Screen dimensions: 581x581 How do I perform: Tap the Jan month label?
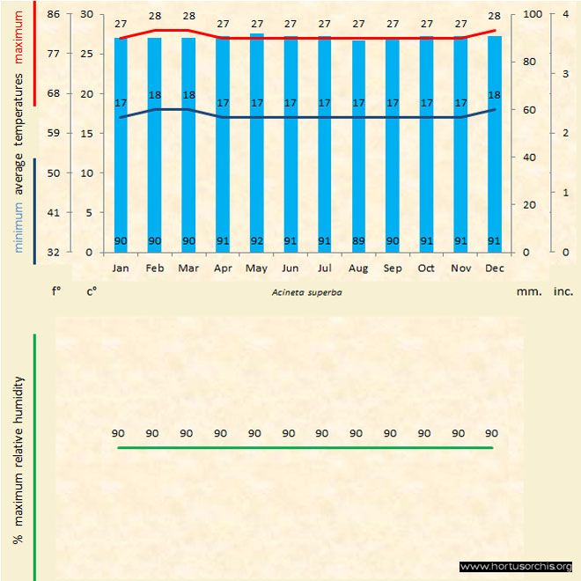121,268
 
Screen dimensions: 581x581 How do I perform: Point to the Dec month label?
494,268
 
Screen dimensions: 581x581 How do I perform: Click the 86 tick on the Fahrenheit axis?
54,14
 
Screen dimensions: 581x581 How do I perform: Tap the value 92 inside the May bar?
256,240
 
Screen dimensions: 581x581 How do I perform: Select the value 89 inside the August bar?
358,240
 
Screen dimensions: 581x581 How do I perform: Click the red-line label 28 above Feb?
155,16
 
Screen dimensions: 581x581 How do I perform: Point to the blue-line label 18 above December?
494,95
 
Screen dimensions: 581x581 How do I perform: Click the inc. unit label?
563,289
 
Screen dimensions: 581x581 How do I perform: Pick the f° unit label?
55,289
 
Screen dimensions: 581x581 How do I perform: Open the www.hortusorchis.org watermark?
516,566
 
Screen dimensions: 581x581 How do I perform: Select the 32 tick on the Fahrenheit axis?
54,253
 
